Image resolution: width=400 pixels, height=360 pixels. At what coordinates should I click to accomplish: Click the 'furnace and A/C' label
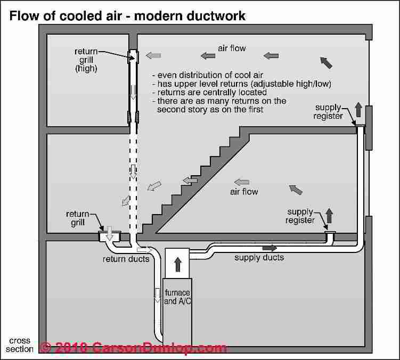(x=177, y=297)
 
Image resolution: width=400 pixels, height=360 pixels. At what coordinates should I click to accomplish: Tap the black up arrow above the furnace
(x=177, y=265)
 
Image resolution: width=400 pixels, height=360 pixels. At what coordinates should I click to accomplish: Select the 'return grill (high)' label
(x=86, y=60)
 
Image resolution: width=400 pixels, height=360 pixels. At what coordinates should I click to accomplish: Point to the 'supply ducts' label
(x=259, y=257)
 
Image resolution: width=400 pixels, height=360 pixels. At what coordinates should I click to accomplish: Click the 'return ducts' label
(x=126, y=259)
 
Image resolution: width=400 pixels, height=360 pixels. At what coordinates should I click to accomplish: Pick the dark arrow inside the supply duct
(x=270, y=248)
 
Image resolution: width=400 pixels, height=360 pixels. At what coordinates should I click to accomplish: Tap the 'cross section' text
(x=19, y=345)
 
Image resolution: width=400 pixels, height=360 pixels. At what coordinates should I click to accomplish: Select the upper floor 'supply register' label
(x=328, y=112)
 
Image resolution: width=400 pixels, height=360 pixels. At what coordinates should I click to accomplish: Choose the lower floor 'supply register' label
(x=300, y=216)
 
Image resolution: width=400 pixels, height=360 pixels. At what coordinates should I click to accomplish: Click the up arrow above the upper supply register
(x=358, y=110)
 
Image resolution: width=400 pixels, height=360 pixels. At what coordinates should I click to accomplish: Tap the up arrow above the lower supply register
(x=329, y=216)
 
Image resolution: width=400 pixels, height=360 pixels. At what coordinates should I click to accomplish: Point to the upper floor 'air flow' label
(x=232, y=48)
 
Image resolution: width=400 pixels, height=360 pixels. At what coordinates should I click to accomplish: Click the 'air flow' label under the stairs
(x=244, y=192)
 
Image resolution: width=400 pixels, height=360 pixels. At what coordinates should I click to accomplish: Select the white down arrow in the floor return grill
(x=109, y=233)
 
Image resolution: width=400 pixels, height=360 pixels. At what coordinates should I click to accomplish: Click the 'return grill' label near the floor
(x=78, y=218)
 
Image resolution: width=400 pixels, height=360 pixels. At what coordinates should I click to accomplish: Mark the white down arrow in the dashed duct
(x=133, y=171)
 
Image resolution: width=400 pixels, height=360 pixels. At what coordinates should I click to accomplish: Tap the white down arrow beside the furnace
(x=158, y=295)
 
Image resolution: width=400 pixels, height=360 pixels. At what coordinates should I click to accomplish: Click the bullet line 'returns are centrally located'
(x=209, y=92)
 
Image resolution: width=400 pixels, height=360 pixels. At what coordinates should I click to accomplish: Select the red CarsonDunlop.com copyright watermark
(x=133, y=348)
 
